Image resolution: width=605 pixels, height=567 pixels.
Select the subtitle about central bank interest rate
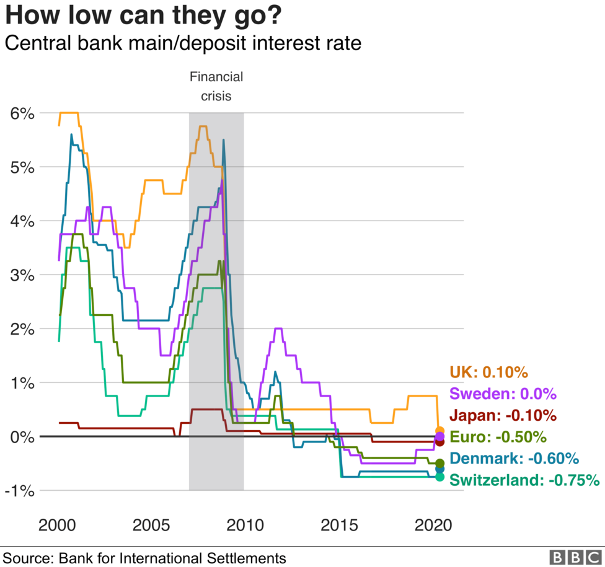pos(182,44)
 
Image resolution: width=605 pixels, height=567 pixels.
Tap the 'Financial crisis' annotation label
pos(216,86)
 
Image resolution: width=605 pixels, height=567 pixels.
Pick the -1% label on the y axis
pos(20,491)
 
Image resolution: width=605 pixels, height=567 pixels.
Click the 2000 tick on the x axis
pos(59,525)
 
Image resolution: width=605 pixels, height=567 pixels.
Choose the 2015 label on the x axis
pos(338,525)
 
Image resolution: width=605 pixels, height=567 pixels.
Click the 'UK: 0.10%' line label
pos(488,372)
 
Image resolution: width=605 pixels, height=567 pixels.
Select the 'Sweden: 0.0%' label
pos(503,394)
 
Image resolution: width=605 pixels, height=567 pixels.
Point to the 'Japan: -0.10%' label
pos(503,415)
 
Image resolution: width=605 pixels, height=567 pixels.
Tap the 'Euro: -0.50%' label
pos(498,437)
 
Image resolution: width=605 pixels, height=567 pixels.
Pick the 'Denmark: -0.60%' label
pos(514,459)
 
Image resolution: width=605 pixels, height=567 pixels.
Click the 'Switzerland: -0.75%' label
pos(524,480)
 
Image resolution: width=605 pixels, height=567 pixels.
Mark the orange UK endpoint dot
pos(440,431)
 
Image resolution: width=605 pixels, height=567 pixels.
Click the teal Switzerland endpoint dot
pos(440,477)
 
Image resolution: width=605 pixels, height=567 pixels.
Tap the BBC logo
pos(575,557)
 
